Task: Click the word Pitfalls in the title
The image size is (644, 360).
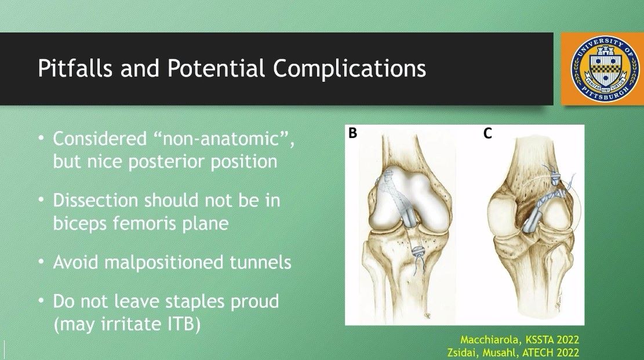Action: [75, 68]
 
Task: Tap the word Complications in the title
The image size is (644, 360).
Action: [350, 69]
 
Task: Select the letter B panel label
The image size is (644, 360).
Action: [352, 133]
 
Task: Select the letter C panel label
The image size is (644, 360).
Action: [487, 133]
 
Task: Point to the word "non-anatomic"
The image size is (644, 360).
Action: [223, 139]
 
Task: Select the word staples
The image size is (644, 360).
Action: [195, 302]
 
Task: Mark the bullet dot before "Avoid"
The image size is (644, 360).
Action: [41, 262]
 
